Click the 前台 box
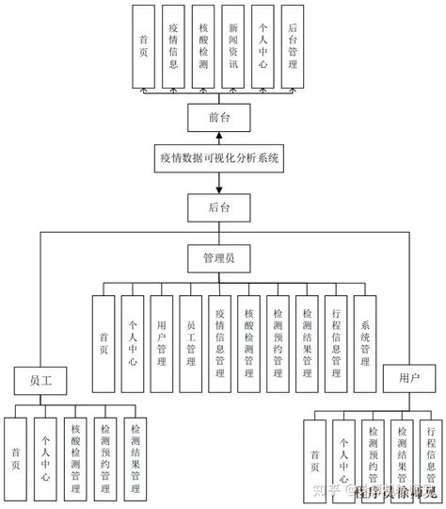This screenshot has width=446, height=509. (x=223, y=116)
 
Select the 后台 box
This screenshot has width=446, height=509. (x=223, y=205)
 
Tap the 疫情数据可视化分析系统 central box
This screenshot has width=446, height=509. (x=223, y=159)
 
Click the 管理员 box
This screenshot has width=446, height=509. (x=223, y=255)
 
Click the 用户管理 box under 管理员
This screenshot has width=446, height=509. (x=162, y=340)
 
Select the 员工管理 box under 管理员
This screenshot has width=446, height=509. (x=191, y=340)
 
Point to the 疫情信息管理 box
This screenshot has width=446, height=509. (x=220, y=340)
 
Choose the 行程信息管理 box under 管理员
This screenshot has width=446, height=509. (x=336, y=340)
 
